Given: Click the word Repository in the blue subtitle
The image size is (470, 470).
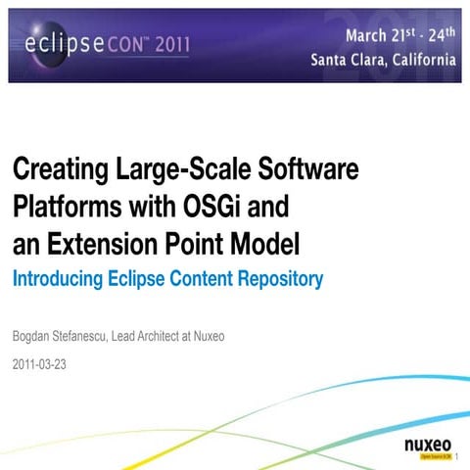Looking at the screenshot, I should [279, 279].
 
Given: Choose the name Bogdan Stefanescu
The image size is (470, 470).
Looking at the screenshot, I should [63, 338].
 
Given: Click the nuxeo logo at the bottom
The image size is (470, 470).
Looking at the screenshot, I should [428, 447].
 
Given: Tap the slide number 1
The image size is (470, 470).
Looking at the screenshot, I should [459, 454].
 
